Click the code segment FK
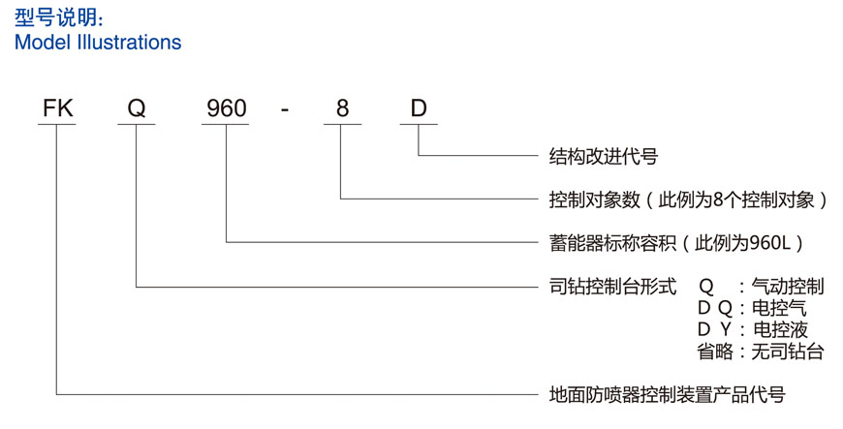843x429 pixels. tap(57, 108)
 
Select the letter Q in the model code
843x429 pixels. tap(137, 108)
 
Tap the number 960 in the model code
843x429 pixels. tap(227, 108)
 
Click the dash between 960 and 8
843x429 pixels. tap(285, 109)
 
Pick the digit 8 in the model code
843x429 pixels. tap(342, 108)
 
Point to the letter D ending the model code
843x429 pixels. tap(419, 108)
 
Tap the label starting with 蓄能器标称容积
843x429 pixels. tap(676, 242)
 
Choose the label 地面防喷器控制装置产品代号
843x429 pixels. tap(667, 394)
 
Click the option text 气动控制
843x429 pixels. tap(788, 287)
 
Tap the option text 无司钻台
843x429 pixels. tap(788, 351)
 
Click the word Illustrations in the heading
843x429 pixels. tap(124, 43)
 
